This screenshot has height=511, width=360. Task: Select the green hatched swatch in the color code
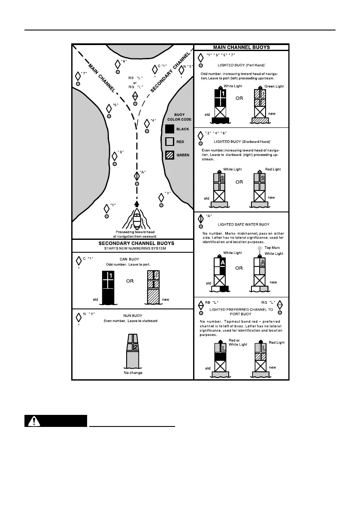coord(170,155)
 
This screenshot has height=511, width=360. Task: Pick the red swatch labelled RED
coord(170,142)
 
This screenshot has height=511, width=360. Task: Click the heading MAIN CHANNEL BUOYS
coord(242,47)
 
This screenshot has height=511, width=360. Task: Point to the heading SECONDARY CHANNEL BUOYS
coord(133,243)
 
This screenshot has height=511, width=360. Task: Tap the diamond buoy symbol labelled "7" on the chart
coord(78,75)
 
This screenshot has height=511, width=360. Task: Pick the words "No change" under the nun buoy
coord(133,373)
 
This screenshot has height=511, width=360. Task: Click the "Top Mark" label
coord(272,248)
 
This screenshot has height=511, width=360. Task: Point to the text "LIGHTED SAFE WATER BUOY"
coord(243,224)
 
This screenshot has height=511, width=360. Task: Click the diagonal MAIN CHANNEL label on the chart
coord(101,78)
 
